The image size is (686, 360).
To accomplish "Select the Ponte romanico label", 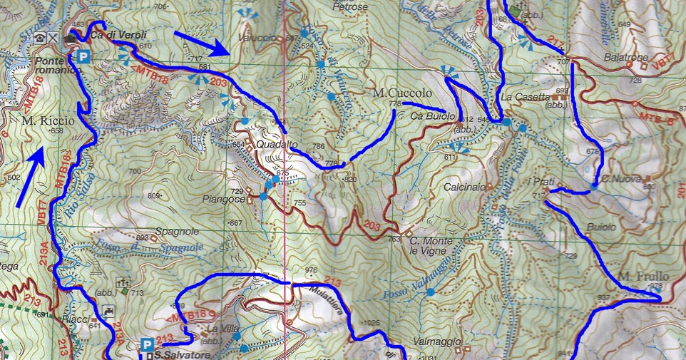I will pos(54,66).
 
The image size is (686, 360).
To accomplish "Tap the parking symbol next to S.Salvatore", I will pos(146,345).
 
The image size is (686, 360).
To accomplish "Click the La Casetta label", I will pos(526,97).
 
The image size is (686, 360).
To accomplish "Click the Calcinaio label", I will pos(466,187).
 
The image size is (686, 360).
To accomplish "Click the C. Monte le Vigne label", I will pos(431,246).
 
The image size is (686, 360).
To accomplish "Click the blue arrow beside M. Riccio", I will pos(24,178).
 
